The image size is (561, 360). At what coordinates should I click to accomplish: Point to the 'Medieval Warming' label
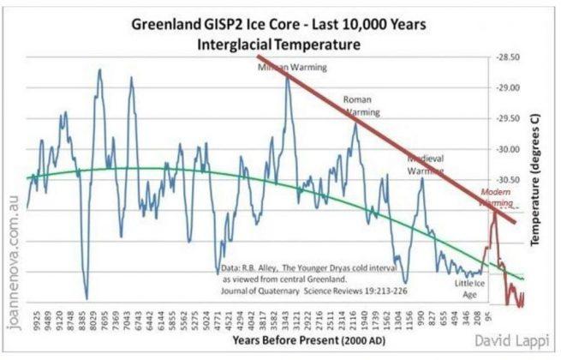(x=426, y=165)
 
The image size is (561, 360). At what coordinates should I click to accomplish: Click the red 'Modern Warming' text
(x=496, y=198)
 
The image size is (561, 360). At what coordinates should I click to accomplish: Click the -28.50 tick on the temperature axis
(x=510, y=57)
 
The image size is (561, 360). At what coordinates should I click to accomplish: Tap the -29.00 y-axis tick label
(x=510, y=87)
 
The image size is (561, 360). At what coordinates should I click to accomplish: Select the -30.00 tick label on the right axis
(x=510, y=149)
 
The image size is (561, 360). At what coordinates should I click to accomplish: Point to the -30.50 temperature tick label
(x=510, y=180)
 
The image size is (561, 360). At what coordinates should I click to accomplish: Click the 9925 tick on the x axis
(x=37, y=318)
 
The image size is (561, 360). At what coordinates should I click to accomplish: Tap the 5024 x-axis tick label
(x=207, y=318)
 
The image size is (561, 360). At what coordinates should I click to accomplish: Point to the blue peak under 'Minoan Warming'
(x=289, y=78)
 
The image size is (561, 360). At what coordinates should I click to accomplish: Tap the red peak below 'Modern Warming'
(x=494, y=211)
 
